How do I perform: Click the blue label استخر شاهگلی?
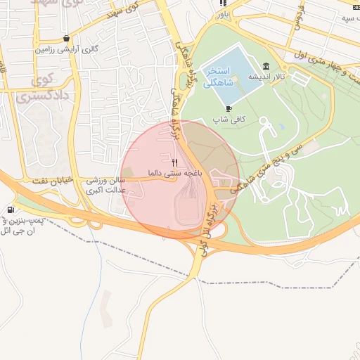pyautogui.click(x=218, y=77)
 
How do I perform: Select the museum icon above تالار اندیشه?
pyautogui.click(x=266, y=67)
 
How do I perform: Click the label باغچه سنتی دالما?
pyautogui.click(x=176, y=172)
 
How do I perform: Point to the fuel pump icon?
pyautogui.click(x=10, y=210)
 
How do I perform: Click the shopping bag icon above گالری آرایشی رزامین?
pyautogui.click(x=66, y=39)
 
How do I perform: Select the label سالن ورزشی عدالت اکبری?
pyautogui.click(x=104, y=185)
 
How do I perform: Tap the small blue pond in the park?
pyautogui.click(x=281, y=127)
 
